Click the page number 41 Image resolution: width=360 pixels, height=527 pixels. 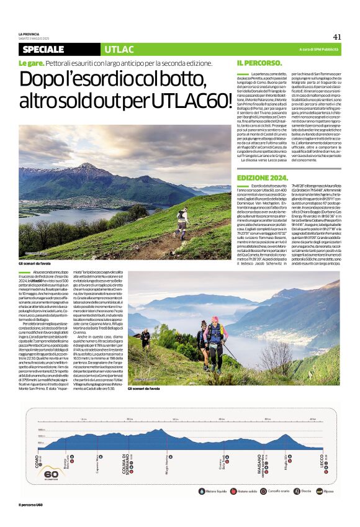337,37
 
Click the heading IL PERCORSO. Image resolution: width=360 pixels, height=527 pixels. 259,63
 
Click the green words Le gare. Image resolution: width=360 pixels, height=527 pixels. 30,63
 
